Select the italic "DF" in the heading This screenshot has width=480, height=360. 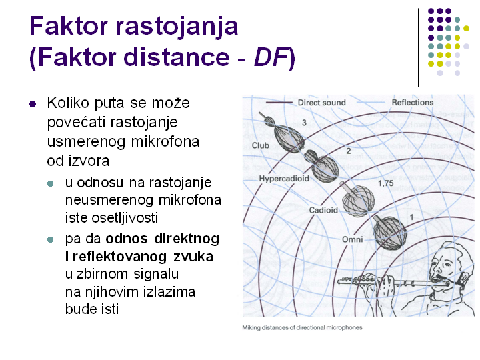click(271, 57)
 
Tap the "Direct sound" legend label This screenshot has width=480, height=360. click(322, 103)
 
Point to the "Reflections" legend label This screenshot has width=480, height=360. click(413, 102)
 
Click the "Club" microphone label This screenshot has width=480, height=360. click(261, 145)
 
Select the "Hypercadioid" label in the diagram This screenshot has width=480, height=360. click(284, 179)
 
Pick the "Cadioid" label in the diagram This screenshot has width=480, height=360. click(323, 210)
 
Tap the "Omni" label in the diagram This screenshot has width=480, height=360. click(353, 239)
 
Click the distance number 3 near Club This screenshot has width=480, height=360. click(304, 123)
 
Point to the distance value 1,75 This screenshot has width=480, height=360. click(386, 183)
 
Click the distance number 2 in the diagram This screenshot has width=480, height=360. click(349, 151)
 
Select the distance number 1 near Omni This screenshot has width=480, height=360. click(412, 217)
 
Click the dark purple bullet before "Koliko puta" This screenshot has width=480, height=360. click(33, 104)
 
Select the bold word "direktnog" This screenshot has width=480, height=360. click(187, 239)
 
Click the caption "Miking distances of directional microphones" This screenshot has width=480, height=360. click(302, 327)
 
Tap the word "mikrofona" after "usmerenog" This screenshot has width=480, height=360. click(165, 142)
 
